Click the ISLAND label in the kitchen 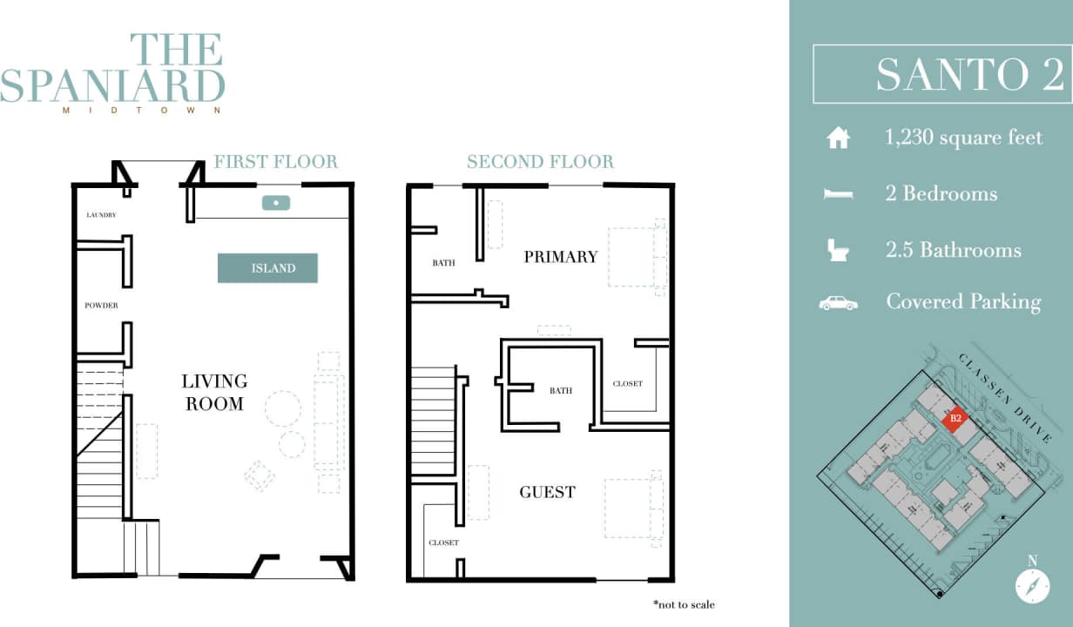click(x=268, y=268)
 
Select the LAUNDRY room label click(x=101, y=214)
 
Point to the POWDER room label click(x=101, y=306)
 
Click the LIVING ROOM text click(x=214, y=392)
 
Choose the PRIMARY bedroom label click(x=560, y=256)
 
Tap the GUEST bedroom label click(x=547, y=492)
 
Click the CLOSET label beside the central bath click(x=627, y=383)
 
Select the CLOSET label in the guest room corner click(x=443, y=543)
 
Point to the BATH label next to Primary click(x=443, y=262)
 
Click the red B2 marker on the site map click(x=955, y=418)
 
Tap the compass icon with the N click(x=1032, y=584)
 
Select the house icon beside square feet click(x=838, y=138)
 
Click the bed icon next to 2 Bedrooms click(x=838, y=194)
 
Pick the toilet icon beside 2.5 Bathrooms click(x=838, y=251)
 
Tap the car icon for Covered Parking click(x=838, y=303)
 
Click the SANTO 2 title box click(x=941, y=74)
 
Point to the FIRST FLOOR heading click(x=275, y=162)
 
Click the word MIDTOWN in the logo click(x=141, y=111)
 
